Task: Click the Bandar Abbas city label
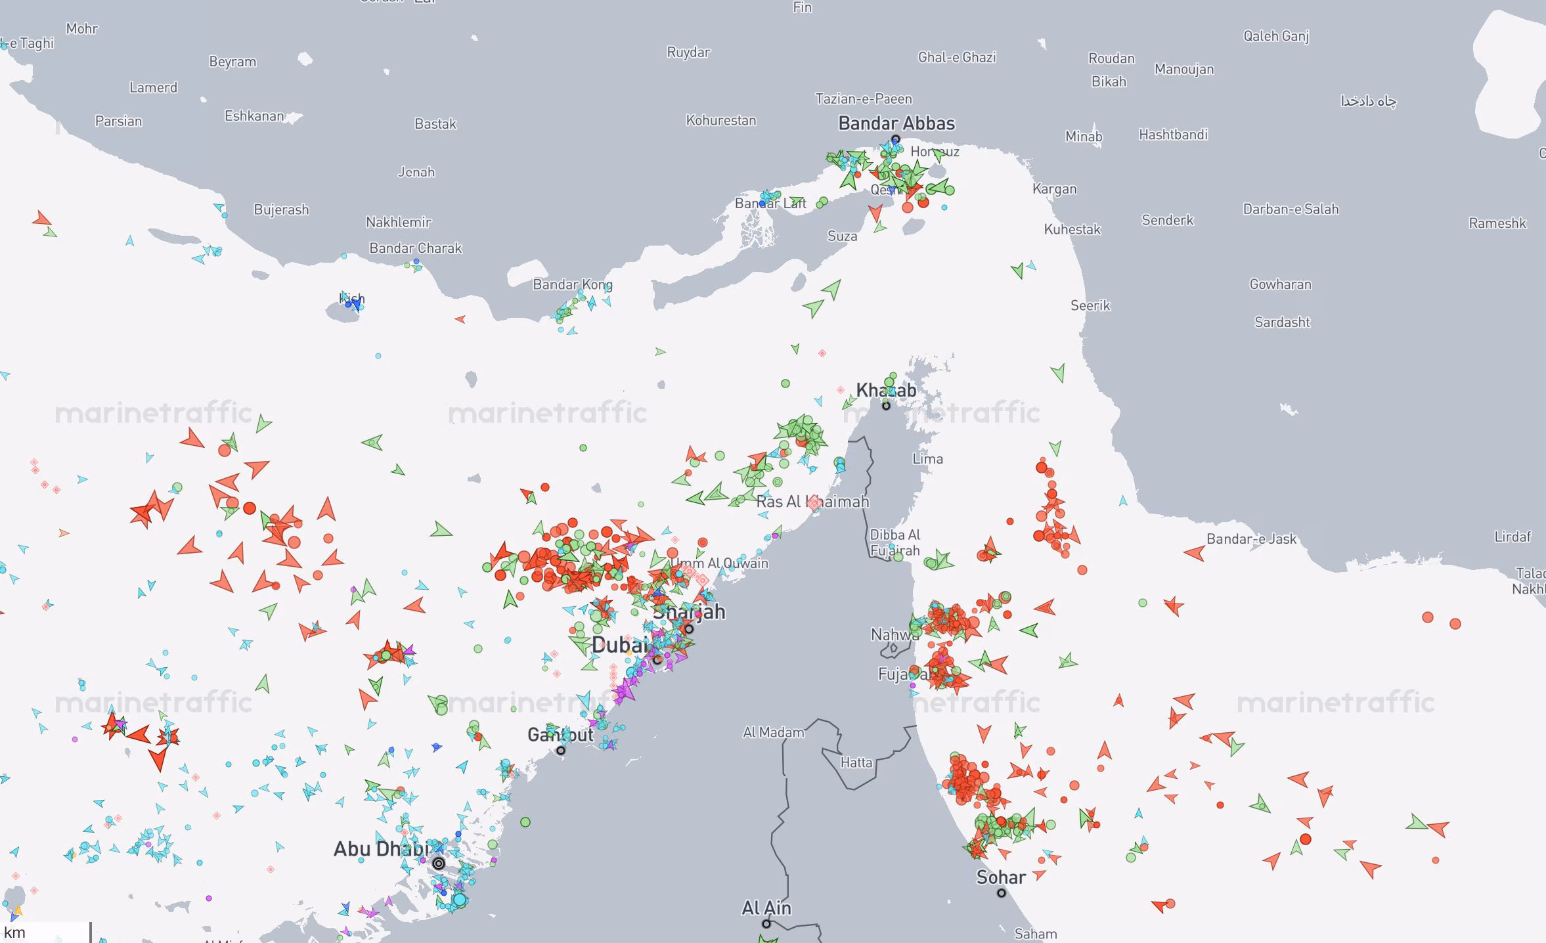tap(896, 123)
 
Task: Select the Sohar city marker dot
tap(1002, 893)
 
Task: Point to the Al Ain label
tap(766, 908)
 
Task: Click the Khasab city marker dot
tap(886, 406)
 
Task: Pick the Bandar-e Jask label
tap(1251, 539)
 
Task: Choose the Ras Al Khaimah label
tap(812, 502)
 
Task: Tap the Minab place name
tap(1084, 137)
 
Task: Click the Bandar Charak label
tap(416, 248)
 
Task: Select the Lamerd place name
tap(153, 87)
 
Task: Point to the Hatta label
tap(856, 762)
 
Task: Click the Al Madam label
tap(774, 732)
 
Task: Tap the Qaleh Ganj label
tap(1276, 36)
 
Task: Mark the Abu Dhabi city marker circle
tap(439, 864)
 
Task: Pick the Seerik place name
tap(1090, 305)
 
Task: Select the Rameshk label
tap(1497, 223)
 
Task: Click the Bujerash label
tap(281, 209)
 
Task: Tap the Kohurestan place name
tap(721, 120)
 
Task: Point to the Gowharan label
tap(1280, 284)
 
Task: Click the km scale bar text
tap(14, 932)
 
